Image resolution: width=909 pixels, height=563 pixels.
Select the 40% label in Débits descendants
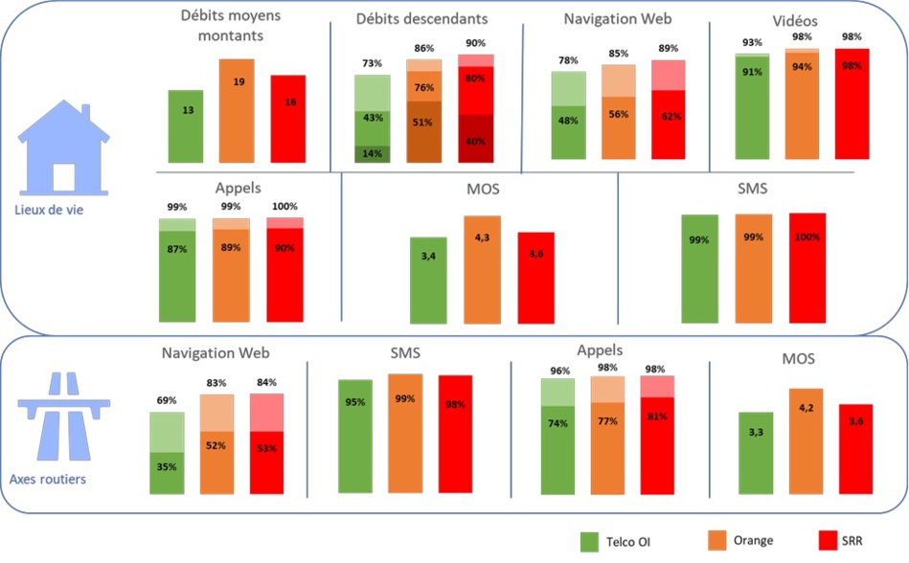475,141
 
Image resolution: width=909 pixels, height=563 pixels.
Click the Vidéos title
794,21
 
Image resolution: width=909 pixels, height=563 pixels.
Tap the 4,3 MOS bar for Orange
482,268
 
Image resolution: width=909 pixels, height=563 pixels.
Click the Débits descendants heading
421,18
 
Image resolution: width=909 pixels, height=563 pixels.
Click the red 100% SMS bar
807,268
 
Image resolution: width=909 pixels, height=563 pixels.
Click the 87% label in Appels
176,249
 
